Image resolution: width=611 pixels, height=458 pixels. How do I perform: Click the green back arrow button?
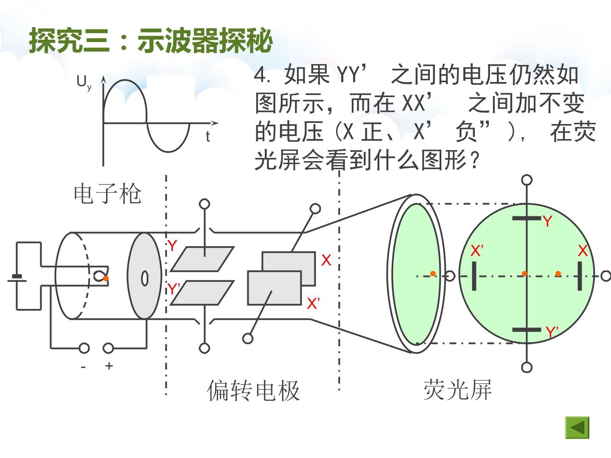point(577,427)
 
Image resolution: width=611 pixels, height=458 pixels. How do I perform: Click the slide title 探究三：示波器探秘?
point(150,41)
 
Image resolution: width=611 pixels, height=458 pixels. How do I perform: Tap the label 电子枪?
point(107,193)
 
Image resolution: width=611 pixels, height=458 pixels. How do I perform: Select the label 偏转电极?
point(253,391)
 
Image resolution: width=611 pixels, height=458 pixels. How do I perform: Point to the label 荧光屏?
point(458,390)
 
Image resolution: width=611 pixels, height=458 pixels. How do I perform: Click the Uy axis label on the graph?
point(84,83)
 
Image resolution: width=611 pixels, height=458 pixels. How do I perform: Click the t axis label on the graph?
point(207,137)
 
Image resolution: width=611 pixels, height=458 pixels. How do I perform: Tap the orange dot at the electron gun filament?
point(106,278)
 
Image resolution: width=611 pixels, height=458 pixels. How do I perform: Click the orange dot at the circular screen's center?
point(524,274)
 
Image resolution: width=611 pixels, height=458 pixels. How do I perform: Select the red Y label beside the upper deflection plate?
point(172,246)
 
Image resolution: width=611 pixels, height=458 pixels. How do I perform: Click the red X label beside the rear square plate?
point(326,260)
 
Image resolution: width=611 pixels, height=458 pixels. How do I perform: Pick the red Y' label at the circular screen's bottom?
point(552,332)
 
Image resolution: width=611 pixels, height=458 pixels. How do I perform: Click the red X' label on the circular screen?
point(477,251)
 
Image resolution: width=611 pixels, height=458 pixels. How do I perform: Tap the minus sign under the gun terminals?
point(83,367)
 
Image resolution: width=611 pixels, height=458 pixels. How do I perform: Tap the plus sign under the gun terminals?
point(109,366)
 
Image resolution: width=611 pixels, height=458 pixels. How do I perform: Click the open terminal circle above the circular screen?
point(527,180)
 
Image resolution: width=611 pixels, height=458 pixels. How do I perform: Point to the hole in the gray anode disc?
point(145,278)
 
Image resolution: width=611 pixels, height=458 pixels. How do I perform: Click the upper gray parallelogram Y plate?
point(202,259)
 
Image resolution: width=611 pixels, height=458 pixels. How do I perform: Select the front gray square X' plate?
point(275,288)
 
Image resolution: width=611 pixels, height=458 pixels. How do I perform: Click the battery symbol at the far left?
point(17,278)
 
